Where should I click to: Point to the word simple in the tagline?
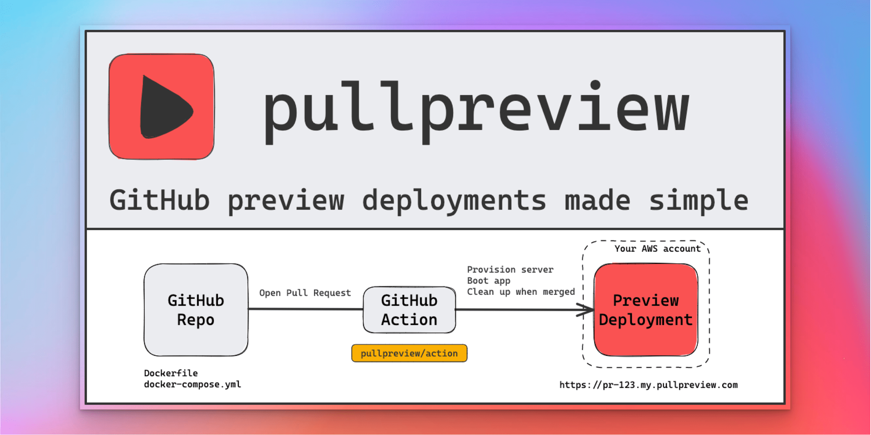[698, 201]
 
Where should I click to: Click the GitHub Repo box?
[196, 310]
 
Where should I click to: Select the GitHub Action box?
[409, 310]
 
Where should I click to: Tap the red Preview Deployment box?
[646, 310]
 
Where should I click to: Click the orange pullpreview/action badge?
[409, 353]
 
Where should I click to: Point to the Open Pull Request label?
[305, 293]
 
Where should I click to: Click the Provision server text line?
[510, 270]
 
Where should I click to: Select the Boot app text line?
[489, 281]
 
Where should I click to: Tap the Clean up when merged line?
[521, 292]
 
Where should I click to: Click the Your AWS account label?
[658, 249]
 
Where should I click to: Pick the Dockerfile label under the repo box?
[171, 373]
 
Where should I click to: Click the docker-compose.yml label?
[192, 384]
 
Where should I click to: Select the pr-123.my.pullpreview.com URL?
[648, 385]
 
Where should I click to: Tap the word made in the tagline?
[597, 201]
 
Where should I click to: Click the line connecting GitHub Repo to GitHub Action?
[305, 309]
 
